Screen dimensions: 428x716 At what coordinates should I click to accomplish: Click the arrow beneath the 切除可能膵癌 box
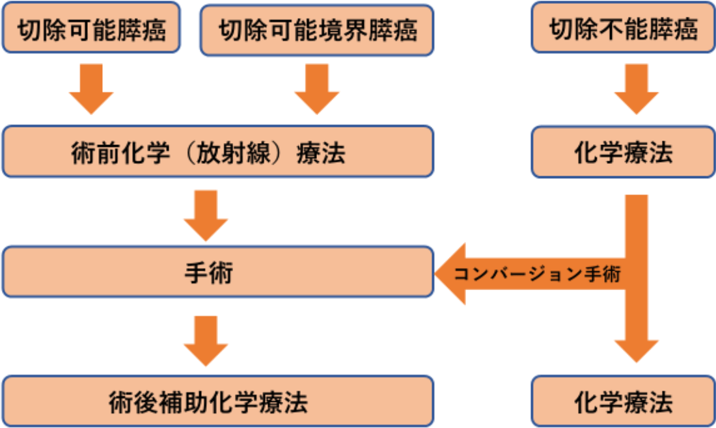tap(92, 88)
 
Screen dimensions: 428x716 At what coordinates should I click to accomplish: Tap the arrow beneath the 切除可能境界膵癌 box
tap(317, 88)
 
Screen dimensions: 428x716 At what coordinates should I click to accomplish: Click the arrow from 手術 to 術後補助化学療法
tap(206, 341)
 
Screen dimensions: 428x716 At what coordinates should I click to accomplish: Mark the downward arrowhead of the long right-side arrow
tap(636, 348)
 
